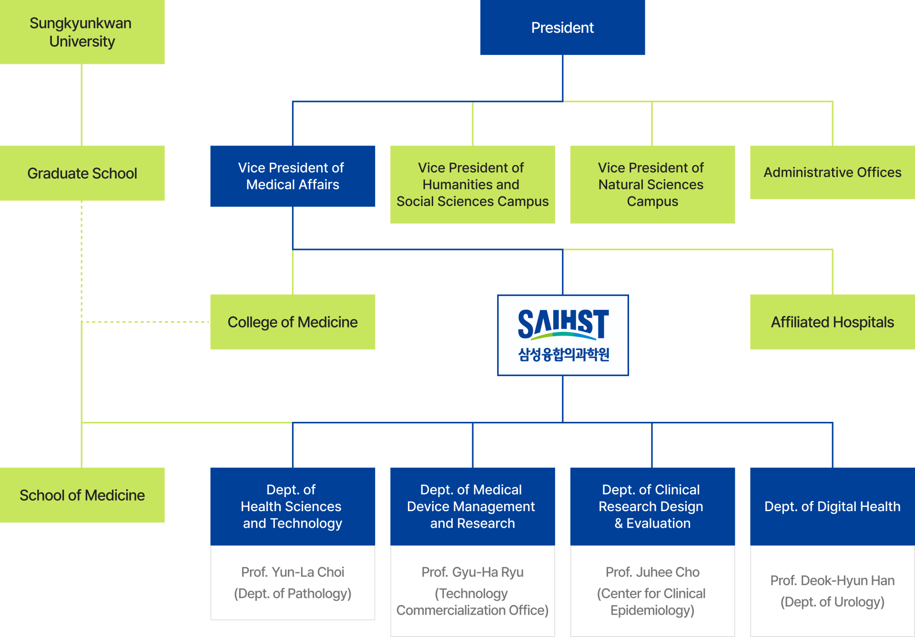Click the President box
tap(562, 28)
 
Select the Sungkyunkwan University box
tap(82, 32)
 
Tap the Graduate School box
tap(82, 173)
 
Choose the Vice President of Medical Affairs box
tap(293, 176)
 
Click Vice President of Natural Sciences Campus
tap(652, 185)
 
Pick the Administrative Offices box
tap(832, 172)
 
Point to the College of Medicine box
tap(293, 322)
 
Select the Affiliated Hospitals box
tap(832, 322)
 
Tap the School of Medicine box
tap(82, 495)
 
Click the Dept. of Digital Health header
tap(832, 506)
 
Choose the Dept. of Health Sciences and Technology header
tap(293, 506)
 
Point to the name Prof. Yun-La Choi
tap(293, 572)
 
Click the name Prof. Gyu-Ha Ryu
tap(472, 572)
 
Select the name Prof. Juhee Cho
tap(652, 572)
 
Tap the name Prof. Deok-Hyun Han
tap(832, 581)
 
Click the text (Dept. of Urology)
tap(832, 602)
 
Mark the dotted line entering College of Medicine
tap(145, 322)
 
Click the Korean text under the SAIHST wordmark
tap(563, 354)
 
